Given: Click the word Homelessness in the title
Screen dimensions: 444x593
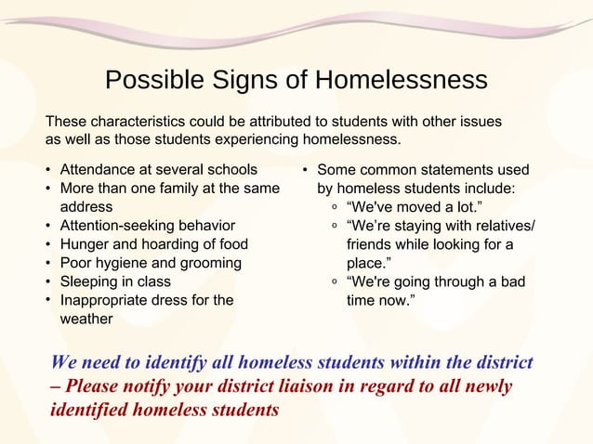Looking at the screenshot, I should pos(401,81).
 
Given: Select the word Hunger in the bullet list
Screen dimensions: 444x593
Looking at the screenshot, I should pos(85,244).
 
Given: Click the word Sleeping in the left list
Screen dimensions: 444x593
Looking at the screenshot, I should pos(89,281).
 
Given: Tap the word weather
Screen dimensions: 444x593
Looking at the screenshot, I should pos(86,319).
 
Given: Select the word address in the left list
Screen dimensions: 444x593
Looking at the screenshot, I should pos(86,206).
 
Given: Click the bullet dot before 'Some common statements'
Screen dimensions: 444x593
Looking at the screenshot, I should pos(305,171).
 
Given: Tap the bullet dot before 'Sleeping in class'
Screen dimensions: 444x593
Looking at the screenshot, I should pos(48,281).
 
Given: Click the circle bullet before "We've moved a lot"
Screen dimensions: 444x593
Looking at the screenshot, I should pos(334,207).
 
